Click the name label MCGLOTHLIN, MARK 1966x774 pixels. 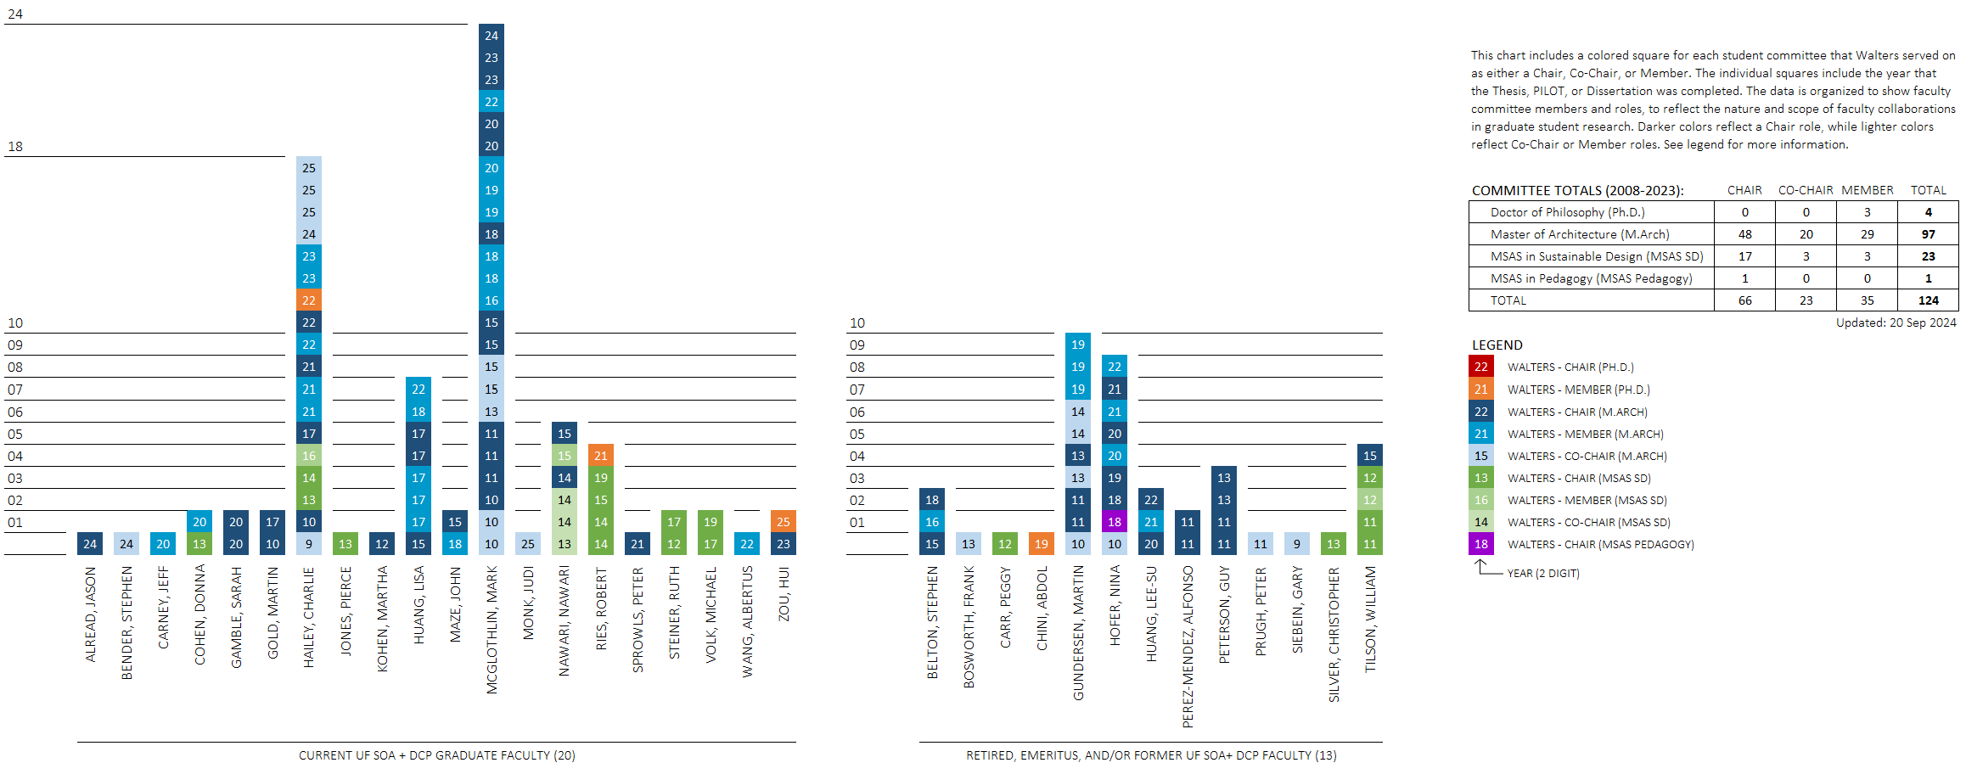point(491,630)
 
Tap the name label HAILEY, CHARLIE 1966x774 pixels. point(309,617)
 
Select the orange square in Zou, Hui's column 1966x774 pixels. point(783,522)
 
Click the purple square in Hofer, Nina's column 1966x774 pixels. point(1115,522)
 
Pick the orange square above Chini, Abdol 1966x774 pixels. point(1042,544)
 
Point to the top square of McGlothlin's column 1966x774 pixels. point(491,36)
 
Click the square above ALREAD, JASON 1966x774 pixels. point(90,544)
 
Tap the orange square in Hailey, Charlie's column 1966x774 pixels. point(309,300)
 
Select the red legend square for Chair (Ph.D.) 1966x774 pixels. point(1481,367)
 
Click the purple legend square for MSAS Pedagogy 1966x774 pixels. point(1481,544)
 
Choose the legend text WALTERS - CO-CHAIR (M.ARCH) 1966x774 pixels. point(1587,456)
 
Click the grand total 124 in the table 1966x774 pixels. point(1928,300)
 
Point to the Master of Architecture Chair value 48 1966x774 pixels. point(1744,234)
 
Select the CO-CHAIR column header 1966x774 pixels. point(1806,190)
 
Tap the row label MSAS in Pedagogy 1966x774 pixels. point(1591,278)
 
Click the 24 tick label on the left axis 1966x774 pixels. point(15,14)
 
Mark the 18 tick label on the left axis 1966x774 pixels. point(15,147)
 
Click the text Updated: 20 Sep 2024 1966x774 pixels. point(1896,322)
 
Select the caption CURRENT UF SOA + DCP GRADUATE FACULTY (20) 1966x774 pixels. point(436,755)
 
